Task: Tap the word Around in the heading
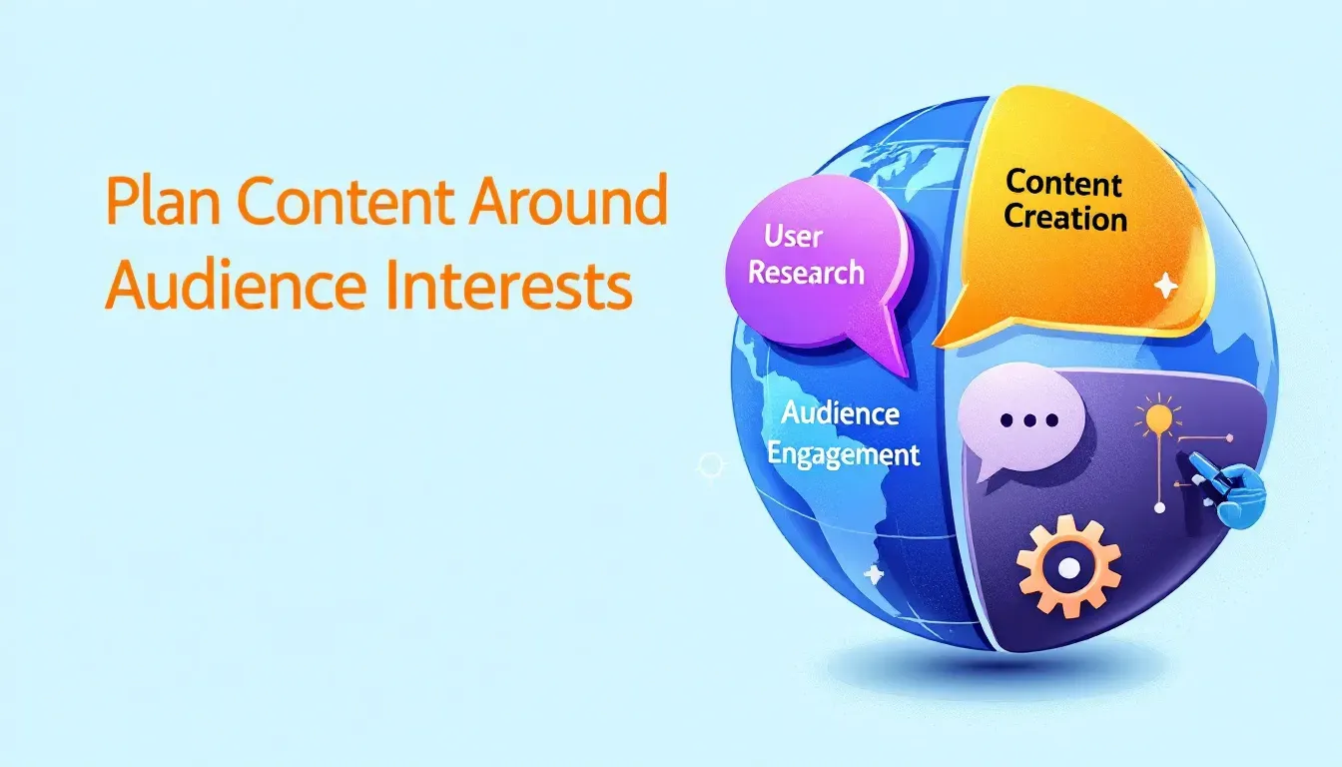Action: [x=568, y=200]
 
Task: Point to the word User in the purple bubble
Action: [x=792, y=237]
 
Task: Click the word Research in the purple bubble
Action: [x=806, y=273]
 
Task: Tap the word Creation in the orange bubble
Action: [x=1065, y=217]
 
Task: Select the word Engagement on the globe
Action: [x=843, y=455]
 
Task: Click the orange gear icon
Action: [x=1068, y=566]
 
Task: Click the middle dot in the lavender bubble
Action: [x=1029, y=420]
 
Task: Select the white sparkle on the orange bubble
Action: [x=1166, y=286]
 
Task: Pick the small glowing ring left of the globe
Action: [x=711, y=464]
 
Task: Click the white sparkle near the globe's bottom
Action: [x=874, y=574]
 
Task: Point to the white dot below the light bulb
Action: [x=1159, y=508]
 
